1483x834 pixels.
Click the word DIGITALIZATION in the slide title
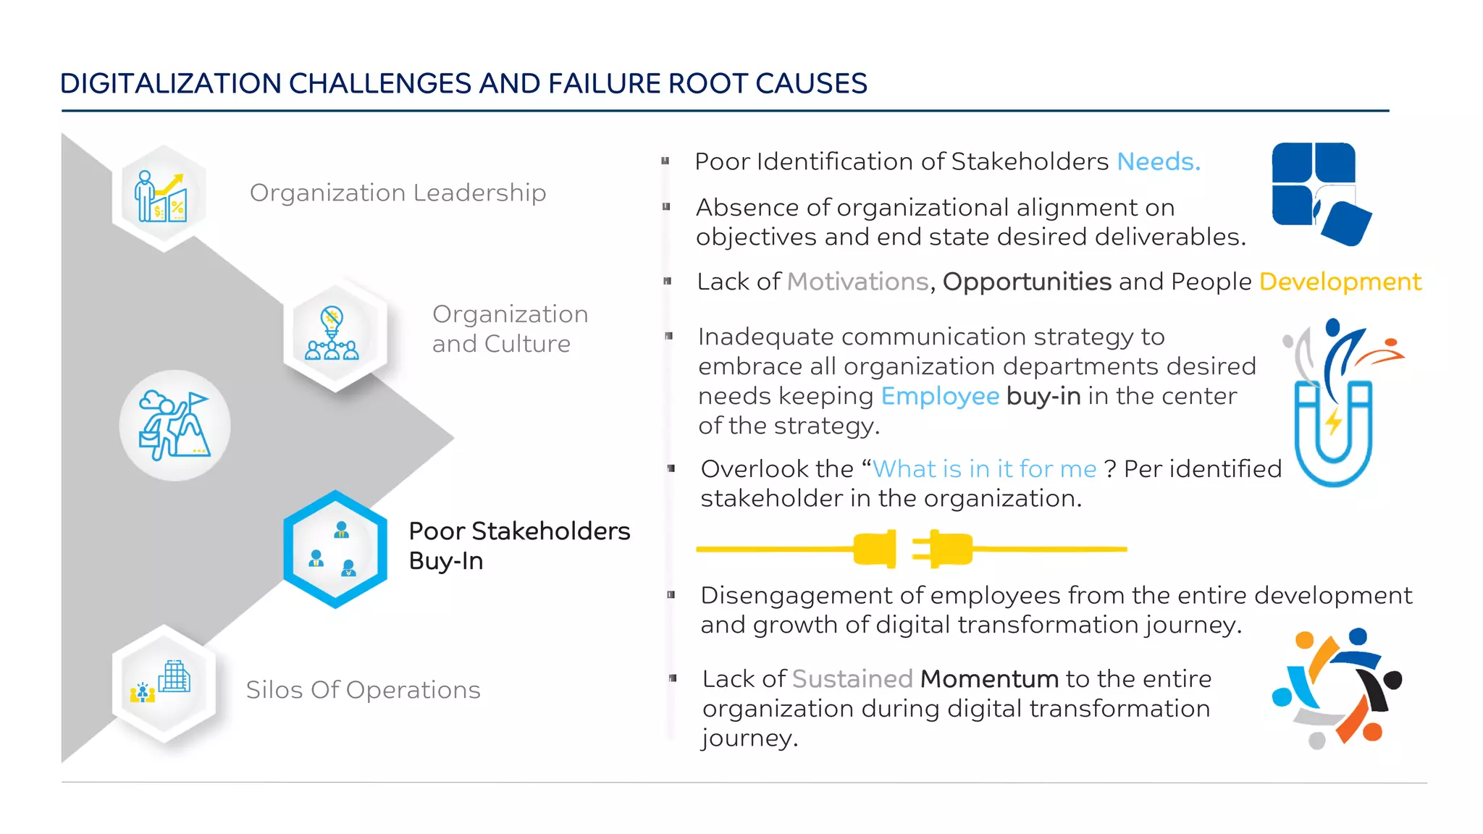[x=170, y=84]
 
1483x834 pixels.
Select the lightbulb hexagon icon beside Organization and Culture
[x=334, y=334]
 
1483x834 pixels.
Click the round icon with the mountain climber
[x=175, y=426]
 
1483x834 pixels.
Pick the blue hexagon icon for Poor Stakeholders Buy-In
[x=335, y=549]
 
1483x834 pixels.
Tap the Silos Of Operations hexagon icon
[x=163, y=683]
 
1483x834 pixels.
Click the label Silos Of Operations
[x=363, y=690]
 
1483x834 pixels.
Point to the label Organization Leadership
[x=398, y=193]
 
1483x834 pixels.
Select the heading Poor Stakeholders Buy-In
[x=518, y=546]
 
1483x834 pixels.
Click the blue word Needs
[x=1158, y=161]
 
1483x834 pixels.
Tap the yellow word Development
[x=1340, y=282]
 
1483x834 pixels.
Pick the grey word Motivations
[x=857, y=282]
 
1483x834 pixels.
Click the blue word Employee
[x=939, y=396]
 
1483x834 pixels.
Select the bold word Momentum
[x=989, y=679]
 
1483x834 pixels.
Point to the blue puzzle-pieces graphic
[x=1319, y=193]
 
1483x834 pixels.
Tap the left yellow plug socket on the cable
[x=875, y=549]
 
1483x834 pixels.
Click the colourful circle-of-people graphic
[x=1336, y=688]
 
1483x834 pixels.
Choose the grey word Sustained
[x=852, y=679]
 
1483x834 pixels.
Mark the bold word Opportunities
[x=1026, y=282]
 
